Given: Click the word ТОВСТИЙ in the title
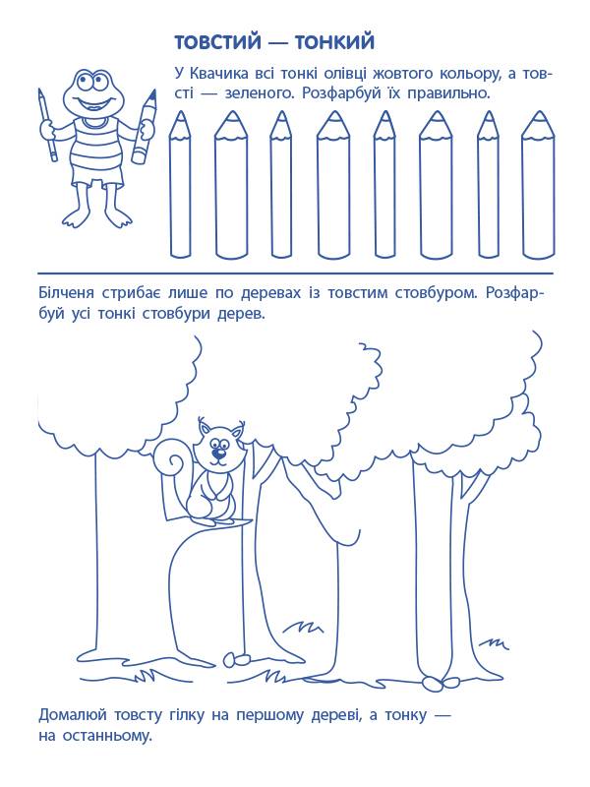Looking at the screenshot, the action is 217,42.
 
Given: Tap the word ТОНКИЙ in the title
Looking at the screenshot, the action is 334,42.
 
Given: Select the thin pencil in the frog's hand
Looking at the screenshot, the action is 46,126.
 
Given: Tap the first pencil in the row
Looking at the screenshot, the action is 180,184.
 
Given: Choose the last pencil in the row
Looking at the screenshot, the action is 538,184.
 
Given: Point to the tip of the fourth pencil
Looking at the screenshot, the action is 333,112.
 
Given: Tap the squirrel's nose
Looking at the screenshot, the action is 217,454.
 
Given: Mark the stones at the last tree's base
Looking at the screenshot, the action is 441,681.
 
